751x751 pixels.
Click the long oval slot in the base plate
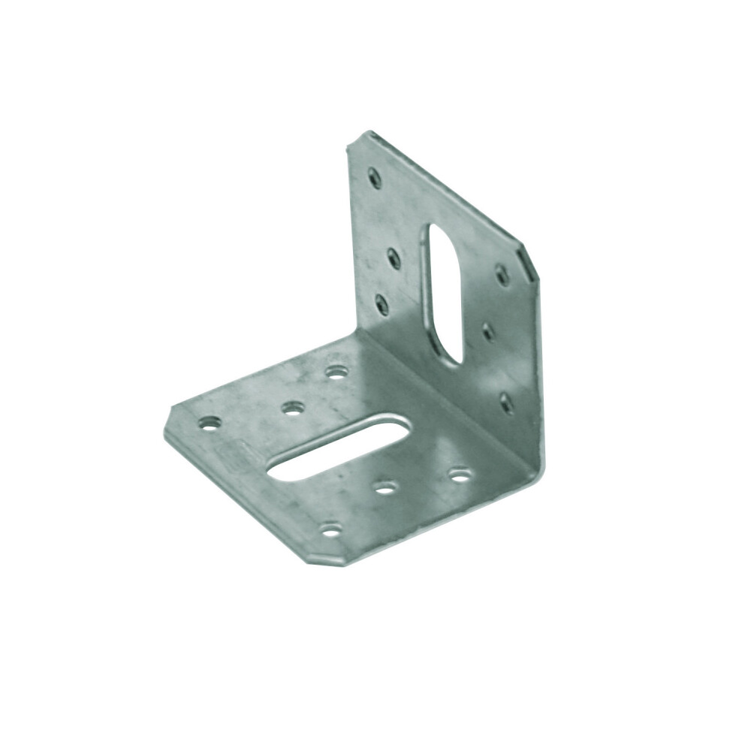[339, 448]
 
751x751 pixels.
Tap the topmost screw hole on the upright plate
[375, 178]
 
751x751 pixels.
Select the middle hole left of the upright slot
[394, 259]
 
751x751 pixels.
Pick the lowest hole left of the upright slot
[382, 304]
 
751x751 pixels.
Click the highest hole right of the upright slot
[502, 276]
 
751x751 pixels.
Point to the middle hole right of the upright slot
[488, 331]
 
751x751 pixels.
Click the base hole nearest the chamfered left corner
[210, 424]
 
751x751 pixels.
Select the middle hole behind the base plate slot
[293, 409]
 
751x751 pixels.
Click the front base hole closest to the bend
[460, 475]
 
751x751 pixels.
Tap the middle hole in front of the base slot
[385, 488]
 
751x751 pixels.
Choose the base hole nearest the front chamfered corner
[330, 531]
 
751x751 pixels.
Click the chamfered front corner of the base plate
[330, 556]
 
